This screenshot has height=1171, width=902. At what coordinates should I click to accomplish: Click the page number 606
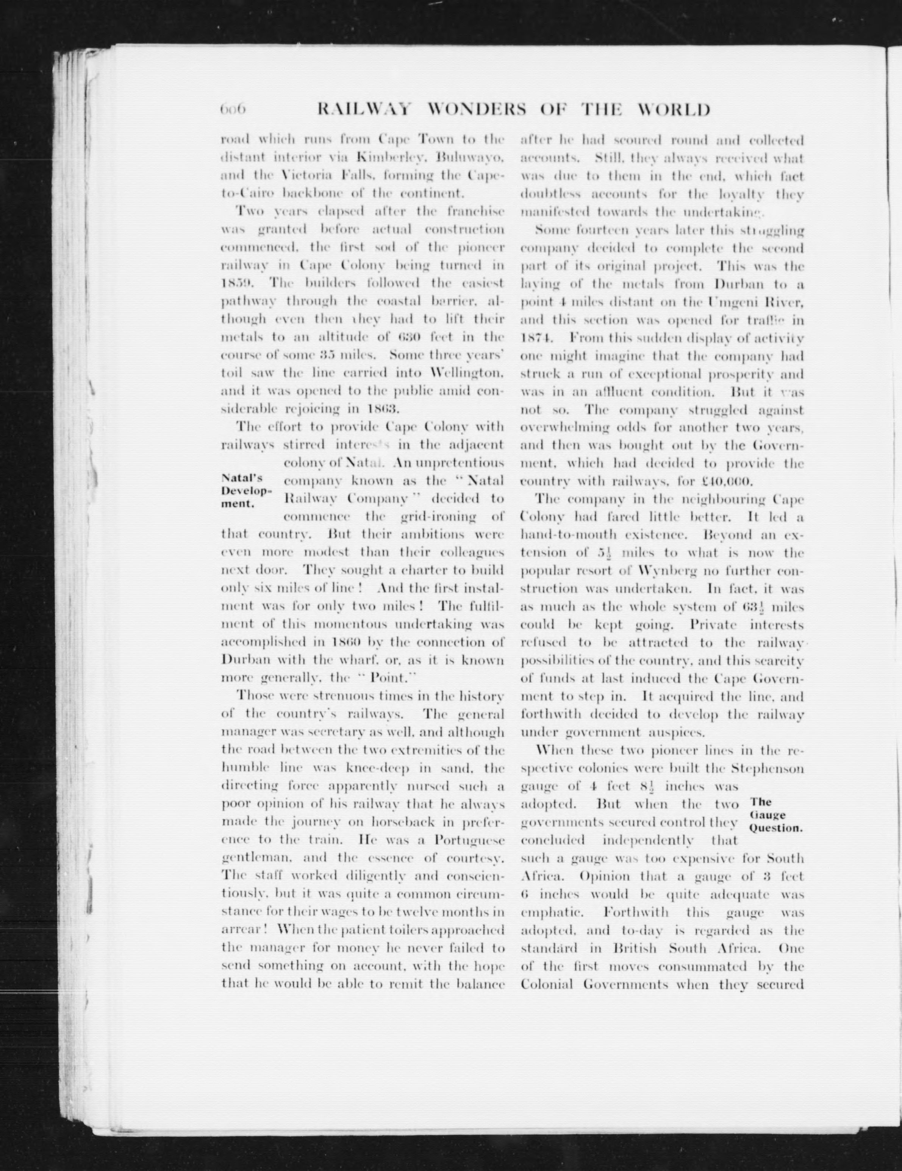pos(232,109)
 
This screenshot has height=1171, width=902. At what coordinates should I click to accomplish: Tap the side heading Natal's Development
pos(246,491)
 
